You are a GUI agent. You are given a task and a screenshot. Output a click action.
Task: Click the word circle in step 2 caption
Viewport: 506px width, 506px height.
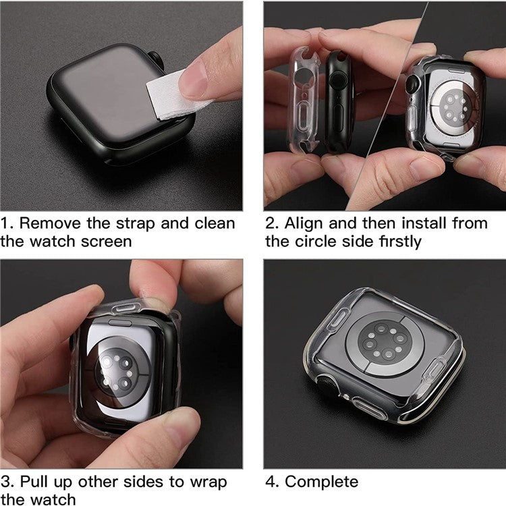coord(324,241)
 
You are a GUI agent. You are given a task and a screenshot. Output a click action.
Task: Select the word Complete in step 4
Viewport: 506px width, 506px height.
coord(321,482)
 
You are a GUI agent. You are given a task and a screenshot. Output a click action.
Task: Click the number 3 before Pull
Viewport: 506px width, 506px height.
coord(6,482)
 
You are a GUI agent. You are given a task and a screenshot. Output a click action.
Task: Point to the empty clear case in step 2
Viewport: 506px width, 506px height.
coord(305,101)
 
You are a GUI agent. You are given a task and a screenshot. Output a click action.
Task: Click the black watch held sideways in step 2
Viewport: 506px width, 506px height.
coord(339,101)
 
